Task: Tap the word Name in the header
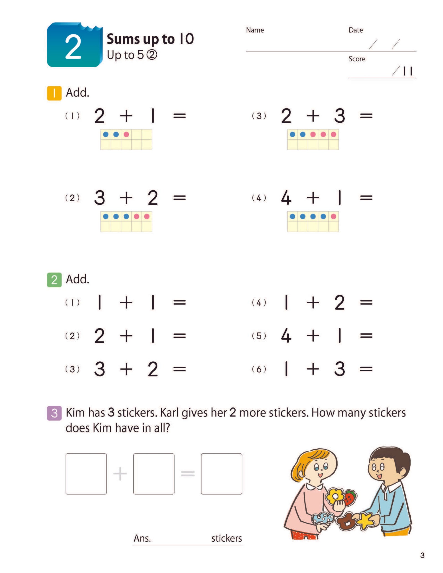click(x=255, y=30)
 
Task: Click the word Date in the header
click(x=356, y=30)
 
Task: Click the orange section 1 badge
click(x=54, y=93)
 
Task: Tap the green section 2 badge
click(x=54, y=280)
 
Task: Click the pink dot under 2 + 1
click(x=126, y=134)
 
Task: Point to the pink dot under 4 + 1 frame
click(x=334, y=217)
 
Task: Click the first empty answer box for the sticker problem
click(x=86, y=474)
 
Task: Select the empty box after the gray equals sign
click(x=221, y=474)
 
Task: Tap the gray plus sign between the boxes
click(x=120, y=474)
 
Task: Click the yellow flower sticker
click(x=335, y=496)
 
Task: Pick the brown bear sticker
click(x=347, y=522)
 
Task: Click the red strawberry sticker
click(x=350, y=497)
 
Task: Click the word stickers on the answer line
click(x=226, y=538)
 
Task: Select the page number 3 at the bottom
click(x=422, y=555)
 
